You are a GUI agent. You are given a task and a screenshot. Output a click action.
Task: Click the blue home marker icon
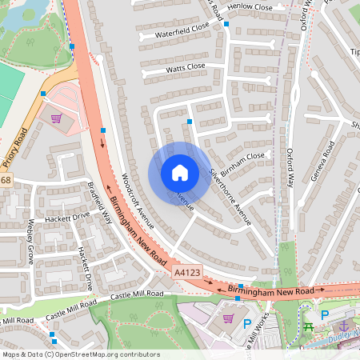[179, 173]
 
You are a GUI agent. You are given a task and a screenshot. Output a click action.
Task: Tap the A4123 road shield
[186, 273]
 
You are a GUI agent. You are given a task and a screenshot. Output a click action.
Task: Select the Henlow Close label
[250, 6]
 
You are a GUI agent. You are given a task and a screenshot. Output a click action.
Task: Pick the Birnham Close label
[242, 156]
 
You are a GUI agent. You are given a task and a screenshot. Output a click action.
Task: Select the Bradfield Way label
[99, 198]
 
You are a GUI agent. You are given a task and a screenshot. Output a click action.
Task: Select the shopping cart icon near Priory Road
[56, 118]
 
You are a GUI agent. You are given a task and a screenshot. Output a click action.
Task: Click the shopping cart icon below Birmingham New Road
[229, 318]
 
